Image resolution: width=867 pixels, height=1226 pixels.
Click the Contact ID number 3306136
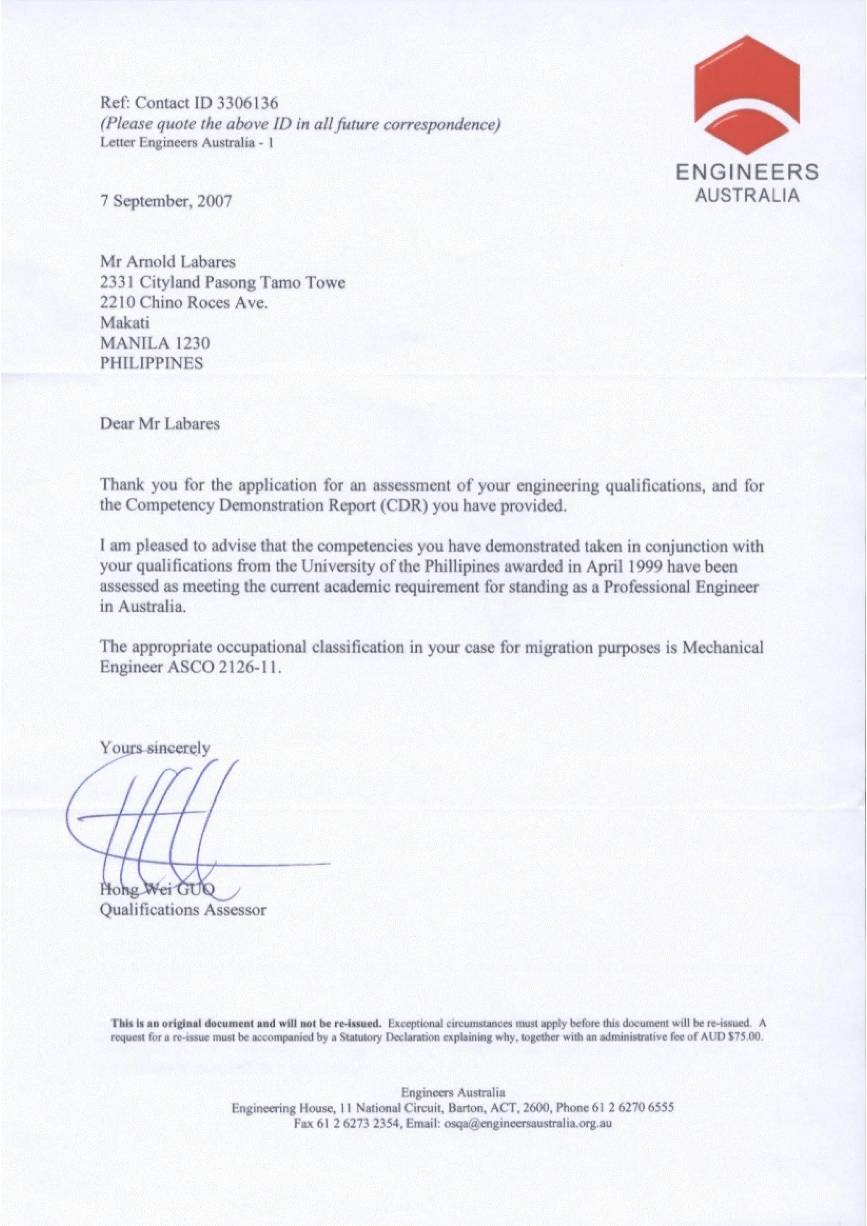(249, 102)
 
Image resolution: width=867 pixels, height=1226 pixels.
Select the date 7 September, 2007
(166, 201)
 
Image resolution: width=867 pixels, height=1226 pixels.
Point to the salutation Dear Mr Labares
(160, 424)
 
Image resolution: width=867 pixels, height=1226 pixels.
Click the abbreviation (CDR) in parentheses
(406, 505)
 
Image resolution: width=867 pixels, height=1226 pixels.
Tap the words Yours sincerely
(155, 748)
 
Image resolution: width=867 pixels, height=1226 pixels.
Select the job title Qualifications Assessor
(183, 910)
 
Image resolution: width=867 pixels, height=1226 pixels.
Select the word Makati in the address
(125, 323)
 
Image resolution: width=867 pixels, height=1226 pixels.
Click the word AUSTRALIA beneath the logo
(747, 195)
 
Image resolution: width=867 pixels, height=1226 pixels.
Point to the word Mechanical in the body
(723, 647)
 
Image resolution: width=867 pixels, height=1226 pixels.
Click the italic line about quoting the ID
(300, 124)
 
